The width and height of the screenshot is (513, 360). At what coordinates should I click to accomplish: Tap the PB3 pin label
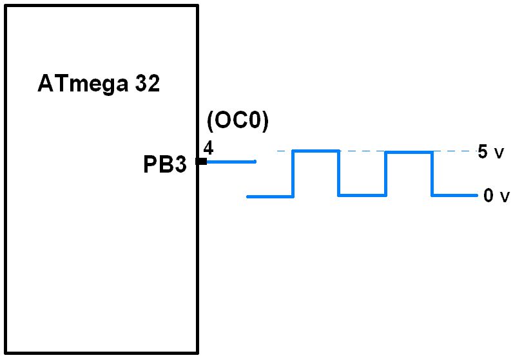pyautogui.click(x=165, y=165)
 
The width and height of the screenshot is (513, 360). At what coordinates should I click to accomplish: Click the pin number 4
pyautogui.click(x=208, y=147)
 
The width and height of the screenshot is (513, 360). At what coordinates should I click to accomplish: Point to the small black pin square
pyautogui.click(x=202, y=162)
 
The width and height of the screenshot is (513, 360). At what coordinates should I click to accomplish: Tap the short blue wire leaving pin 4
pyautogui.click(x=231, y=162)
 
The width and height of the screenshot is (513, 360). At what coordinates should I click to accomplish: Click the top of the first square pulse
pyautogui.click(x=316, y=151)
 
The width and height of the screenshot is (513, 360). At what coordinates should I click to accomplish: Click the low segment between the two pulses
pyautogui.click(x=362, y=195)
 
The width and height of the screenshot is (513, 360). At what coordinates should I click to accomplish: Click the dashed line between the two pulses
pyautogui.click(x=362, y=151)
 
